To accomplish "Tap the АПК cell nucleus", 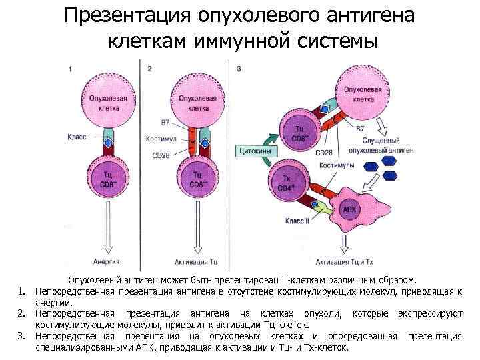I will pos(349,209).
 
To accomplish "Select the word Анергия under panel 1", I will pos(105,261).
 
